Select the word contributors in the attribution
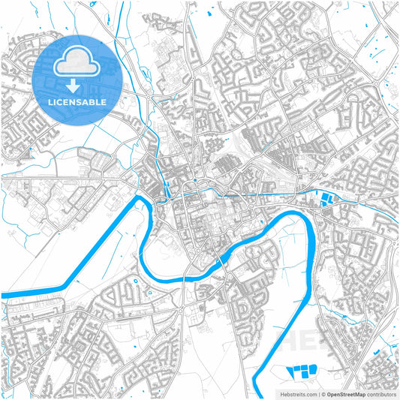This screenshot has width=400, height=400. pyautogui.click(x=380, y=393)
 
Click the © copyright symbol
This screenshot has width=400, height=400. pyautogui.click(x=323, y=393)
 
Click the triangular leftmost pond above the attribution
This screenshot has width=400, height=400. pyautogui.click(x=292, y=370)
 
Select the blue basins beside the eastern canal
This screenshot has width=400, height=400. pyautogui.click(x=327, y=199)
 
